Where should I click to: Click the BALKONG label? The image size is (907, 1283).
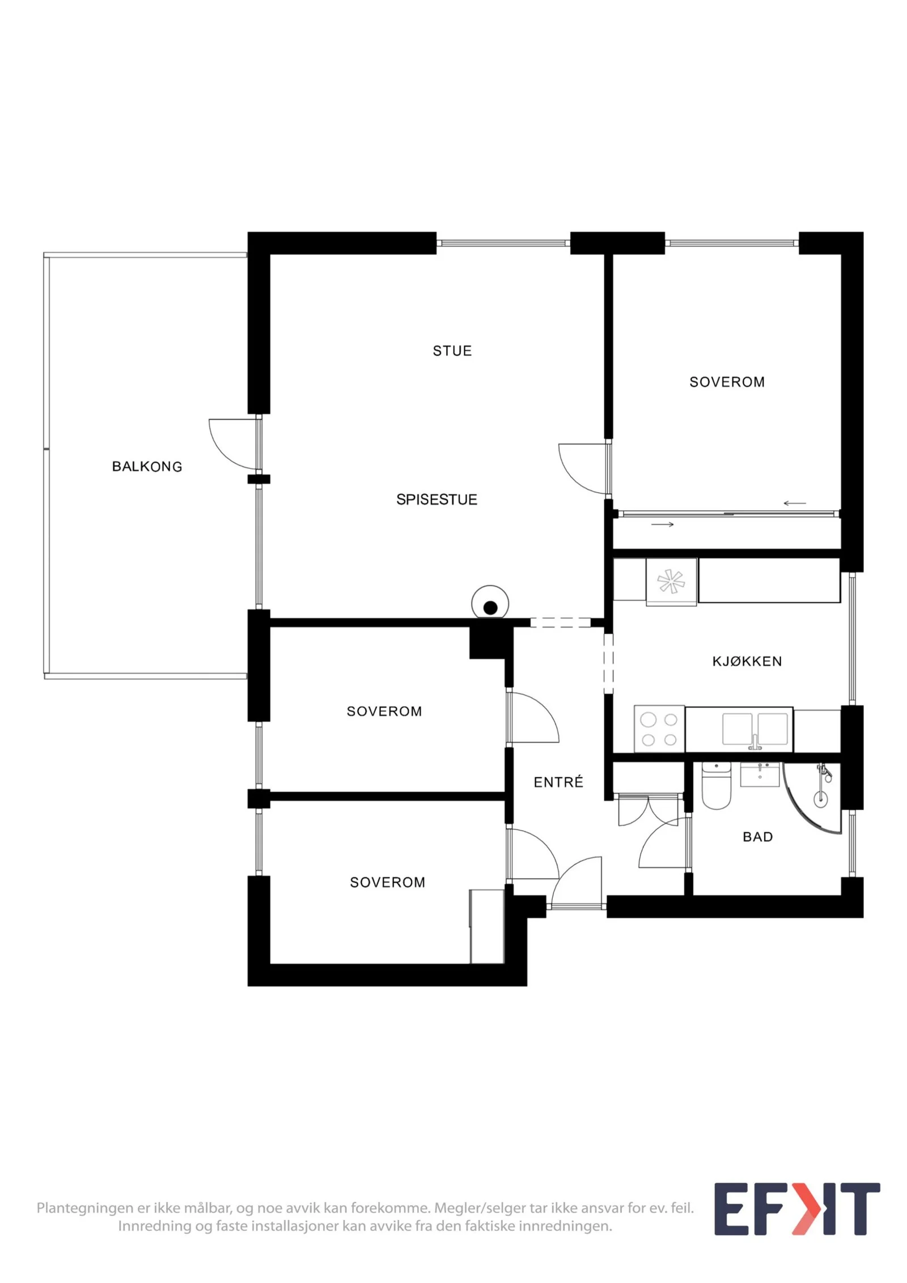147,467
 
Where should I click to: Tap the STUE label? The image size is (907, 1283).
452,351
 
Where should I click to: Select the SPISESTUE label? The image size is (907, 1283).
436,499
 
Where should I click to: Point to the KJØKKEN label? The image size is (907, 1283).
747,661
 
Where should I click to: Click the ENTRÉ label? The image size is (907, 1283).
558,782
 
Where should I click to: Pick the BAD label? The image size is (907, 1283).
758,837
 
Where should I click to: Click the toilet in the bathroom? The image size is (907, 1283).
716,786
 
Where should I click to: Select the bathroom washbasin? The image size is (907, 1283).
760,774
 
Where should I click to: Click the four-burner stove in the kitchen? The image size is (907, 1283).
659,729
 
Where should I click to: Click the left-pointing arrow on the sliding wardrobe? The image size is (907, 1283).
795,503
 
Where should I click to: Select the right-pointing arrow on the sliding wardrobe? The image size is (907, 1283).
662,524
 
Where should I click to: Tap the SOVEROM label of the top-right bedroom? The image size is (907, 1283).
727,382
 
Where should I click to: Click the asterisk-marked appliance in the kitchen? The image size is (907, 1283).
671,582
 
